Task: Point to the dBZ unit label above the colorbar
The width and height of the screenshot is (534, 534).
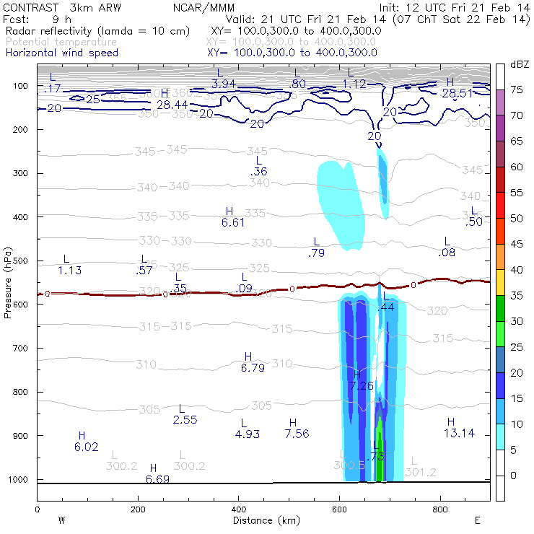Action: coord(520,64)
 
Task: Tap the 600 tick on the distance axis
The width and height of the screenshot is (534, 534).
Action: coord(441,509)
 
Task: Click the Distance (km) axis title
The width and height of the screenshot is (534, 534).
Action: coord(263,520)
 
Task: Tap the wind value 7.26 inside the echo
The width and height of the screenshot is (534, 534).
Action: coord(361,386)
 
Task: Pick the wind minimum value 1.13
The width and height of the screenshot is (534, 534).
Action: coord(69,271)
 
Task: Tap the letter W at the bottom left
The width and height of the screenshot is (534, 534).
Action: coord(61,520)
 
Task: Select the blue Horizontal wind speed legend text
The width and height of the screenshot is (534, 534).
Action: coord(61,53)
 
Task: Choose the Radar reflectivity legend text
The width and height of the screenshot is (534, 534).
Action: coord(97,31)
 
